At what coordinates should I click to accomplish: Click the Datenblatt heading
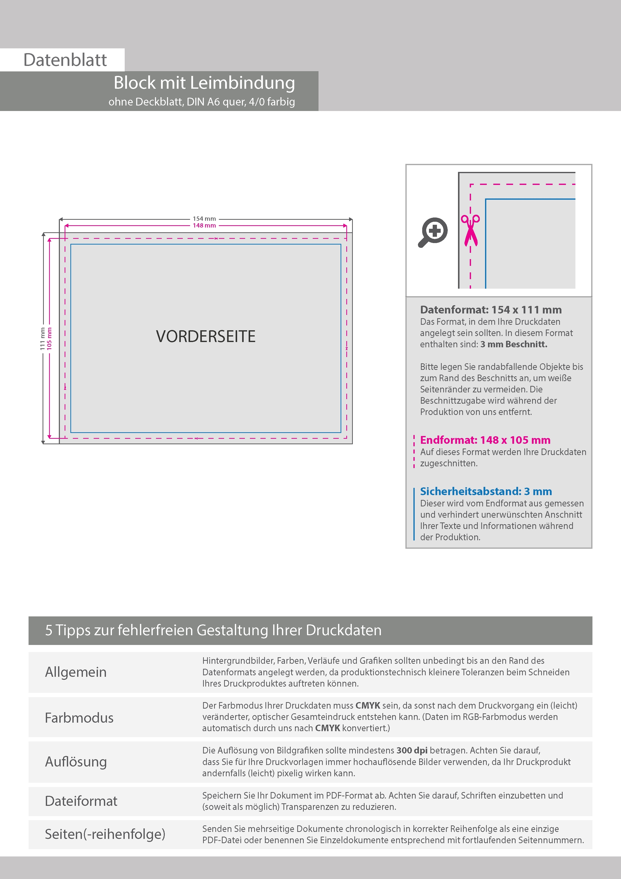[x=65, y=60]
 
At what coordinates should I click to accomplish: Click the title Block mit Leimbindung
[x=204, y=83]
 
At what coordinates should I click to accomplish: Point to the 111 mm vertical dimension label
[x=43, y=339]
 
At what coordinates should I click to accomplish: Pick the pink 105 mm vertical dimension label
[x=49, y=339]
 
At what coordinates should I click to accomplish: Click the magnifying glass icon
[x=433, y=232]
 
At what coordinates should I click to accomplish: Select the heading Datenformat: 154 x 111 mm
[x=491, y=309]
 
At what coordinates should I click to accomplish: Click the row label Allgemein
[x=76, y=672]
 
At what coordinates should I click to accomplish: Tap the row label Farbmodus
[x=79, y=717]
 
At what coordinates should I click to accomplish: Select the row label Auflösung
[x=76, y=761]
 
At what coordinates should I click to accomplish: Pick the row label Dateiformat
[x=81, y=801]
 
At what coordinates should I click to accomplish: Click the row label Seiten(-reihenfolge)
[x=105, y=834]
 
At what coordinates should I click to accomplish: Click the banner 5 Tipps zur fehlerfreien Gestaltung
[x=213, y=630]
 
